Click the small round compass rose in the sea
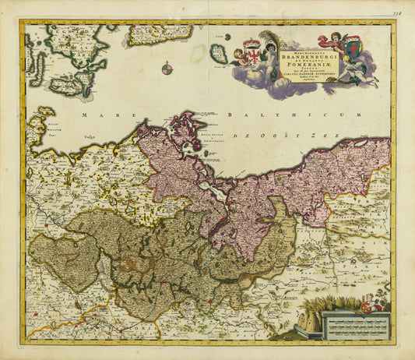click(167, 69)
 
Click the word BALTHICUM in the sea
click(325, 115)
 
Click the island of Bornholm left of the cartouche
click(219, 54)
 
